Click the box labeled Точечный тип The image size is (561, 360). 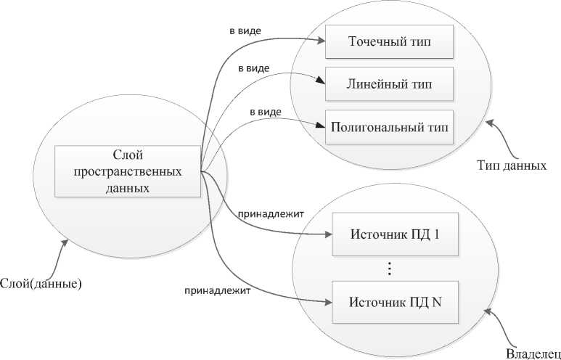tap(390, 41)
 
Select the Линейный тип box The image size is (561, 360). tap(390, 84)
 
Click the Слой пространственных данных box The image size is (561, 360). tap(128, 171)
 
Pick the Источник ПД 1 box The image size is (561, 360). tap(396, 234)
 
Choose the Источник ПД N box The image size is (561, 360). tap(396, 302)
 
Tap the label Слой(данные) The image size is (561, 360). tap(40, 283)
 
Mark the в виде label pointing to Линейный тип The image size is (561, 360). tap(254, 68)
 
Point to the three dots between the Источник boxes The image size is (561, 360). tap(390, 269)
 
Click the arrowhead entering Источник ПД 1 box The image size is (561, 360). tap(328, 234)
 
